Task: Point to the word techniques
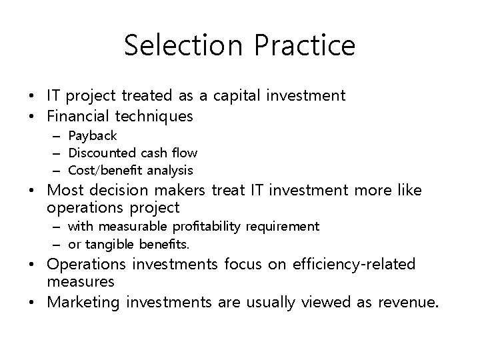pos(154,117)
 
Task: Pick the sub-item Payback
pos(93,136)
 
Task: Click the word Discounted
pos(100,153)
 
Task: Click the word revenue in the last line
pos(409,303)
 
